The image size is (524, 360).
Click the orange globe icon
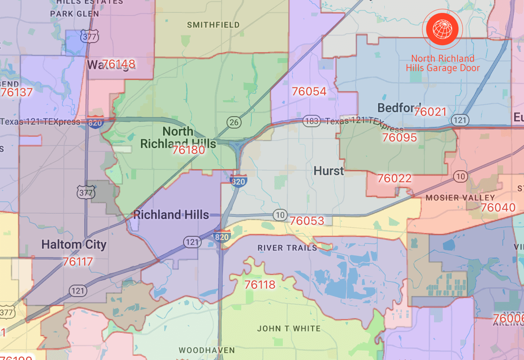click(x=442, y=28)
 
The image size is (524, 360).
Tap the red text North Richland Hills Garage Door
click(x=443, y=63)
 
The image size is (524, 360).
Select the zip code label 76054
click(x=309, y=92)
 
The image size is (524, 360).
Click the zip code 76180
click(x=188, y=150)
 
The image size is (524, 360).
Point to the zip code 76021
click(x=430, y=112)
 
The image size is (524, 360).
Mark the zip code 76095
click(x=399, y=138)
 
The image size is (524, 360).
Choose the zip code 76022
click(x=394, y=179)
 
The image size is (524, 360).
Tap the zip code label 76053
click(x=307, y=221)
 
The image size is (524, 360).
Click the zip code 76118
click(x=260, y=285)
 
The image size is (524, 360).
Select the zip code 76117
click(x=78, y=262)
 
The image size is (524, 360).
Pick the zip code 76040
click(x=498, y=207)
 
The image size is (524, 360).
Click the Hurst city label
click(x=328, y=171)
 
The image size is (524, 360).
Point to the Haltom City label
click(x=74, y=245)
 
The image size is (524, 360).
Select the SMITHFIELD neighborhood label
click(x=213, y=25)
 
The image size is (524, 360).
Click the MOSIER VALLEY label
click(x=460, y=198)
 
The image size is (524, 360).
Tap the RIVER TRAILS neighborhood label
click(x=287, y=248)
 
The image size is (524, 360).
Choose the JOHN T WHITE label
click(x=289, y=329)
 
